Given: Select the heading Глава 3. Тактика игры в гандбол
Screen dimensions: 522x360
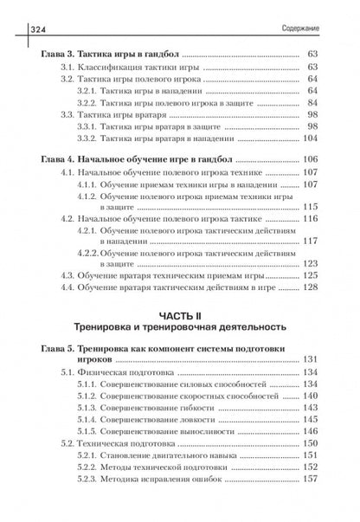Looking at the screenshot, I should (x=111, y=54).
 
